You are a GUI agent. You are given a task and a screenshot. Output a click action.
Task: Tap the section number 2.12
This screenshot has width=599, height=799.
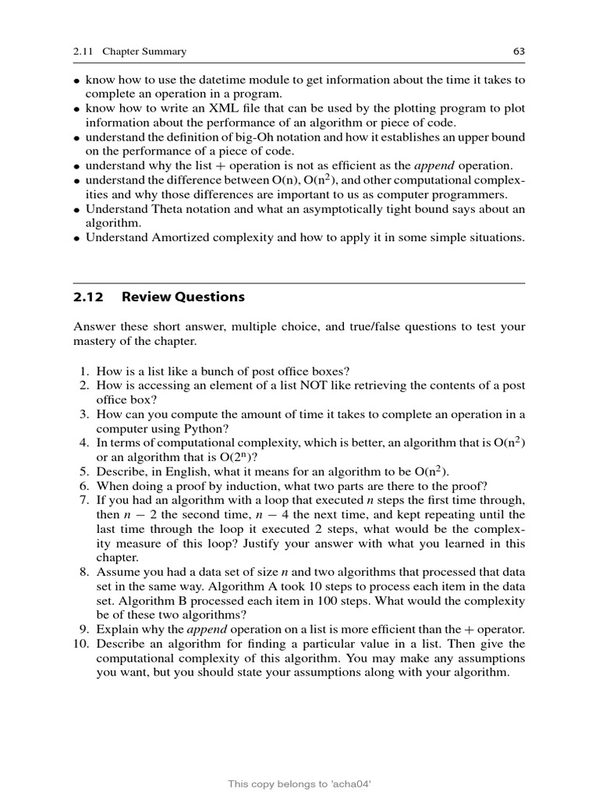pos(86,297)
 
